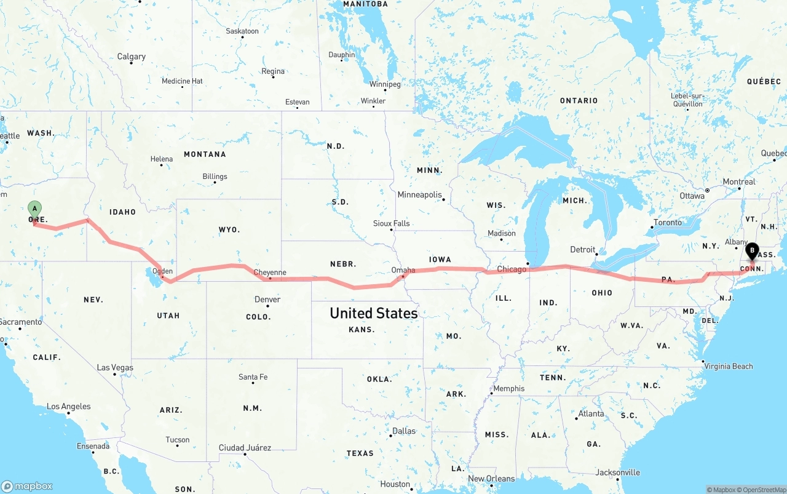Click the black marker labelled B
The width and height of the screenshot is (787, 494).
[x=752, y=251]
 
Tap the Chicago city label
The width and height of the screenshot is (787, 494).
[x=512, y=269]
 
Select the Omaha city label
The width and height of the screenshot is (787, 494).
[x=403, y=270]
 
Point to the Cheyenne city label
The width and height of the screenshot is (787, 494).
[x=270, y=273]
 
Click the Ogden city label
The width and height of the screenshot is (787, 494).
[x=162, y=271]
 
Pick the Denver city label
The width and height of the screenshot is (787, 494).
[x=267, y=300]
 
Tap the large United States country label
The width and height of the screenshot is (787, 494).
[x=374, y=313]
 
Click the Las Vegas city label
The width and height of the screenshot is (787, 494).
[x=115, y=368]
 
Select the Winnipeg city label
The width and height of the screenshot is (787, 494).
[x=385, y=84]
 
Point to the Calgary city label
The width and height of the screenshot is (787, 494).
[x=132, y=57]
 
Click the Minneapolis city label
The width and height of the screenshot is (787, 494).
[x=420, y=195]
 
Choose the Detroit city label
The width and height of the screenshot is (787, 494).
[x=583, y=250]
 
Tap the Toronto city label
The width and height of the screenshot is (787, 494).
[x=668, y=223]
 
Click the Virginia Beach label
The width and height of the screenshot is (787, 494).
[x=729, y=367]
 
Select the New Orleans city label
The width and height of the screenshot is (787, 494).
[x=491, y=479]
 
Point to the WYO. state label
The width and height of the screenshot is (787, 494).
[x=229, y=229]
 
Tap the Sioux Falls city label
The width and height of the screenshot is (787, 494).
[x=391, y=223]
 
